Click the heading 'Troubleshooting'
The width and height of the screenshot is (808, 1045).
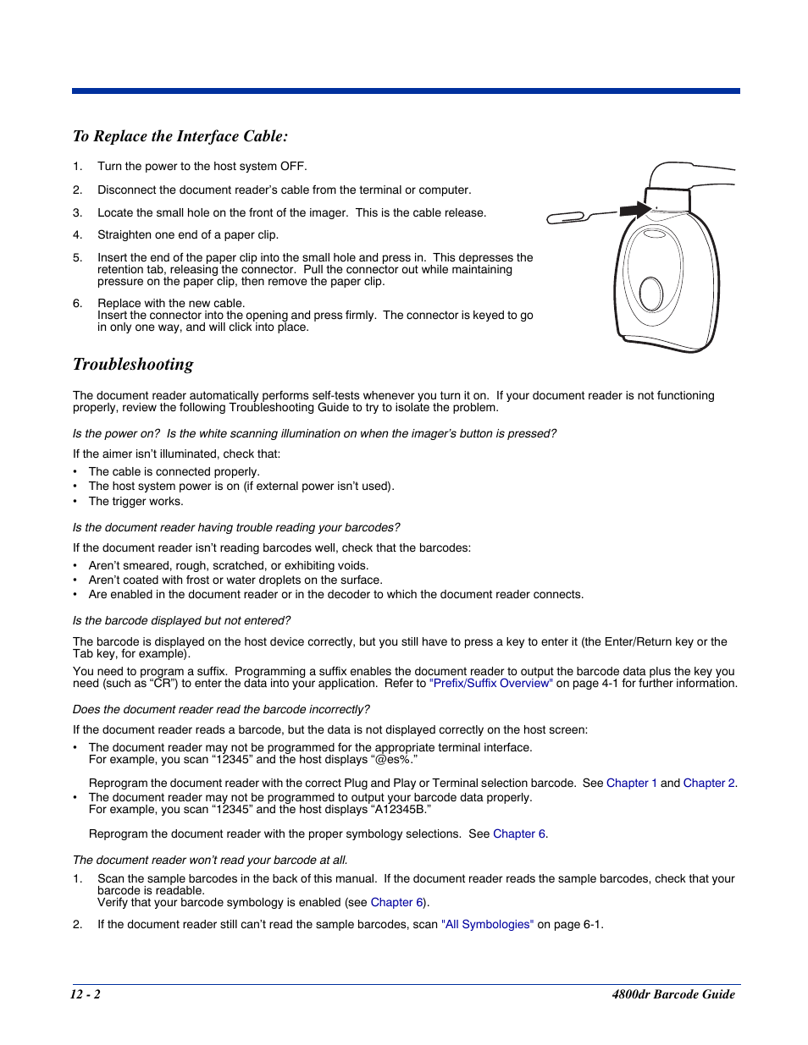tap(133, 365)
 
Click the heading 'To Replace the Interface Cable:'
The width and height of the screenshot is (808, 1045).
tap(180, 136)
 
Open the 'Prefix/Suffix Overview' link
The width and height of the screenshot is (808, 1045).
tap(490, 684)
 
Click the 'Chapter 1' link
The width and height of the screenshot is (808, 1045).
tap(631, 784)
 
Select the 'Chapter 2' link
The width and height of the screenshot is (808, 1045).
tap(708, 784)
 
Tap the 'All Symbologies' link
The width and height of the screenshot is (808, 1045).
tap(487, 925)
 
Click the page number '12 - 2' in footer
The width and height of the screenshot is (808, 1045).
tap(86, 994)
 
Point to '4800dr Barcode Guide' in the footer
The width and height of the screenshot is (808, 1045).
tap(672, 994)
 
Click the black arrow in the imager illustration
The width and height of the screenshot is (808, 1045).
tap(634, 209)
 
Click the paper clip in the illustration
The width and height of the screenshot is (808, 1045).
tap(567, 218)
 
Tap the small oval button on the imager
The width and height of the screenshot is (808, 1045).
tap(651, 294)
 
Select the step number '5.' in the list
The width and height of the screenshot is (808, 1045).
tap(77, 258)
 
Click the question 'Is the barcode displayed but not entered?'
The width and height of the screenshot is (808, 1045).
tap(181, 621)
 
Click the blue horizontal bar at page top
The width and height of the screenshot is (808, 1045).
tap(406, 91)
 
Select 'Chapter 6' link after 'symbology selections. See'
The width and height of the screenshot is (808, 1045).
tap(519, 834)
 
